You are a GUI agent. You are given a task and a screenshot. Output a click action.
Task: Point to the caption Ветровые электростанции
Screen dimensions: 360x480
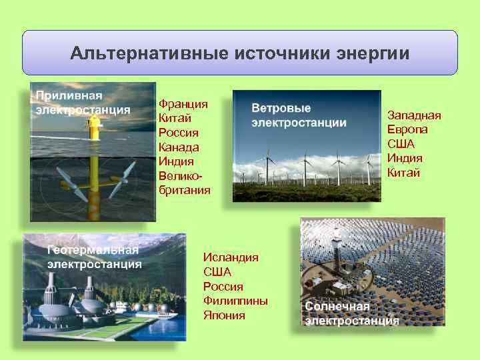[x=298, y=115]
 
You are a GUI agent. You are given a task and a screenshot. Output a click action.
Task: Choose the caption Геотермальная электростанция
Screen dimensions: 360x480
[x=93, y=257]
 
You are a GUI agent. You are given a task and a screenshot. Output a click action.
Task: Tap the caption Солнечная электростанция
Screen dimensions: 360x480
[x=352, y=313]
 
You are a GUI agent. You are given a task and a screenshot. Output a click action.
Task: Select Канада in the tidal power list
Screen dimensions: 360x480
[x=179, y=147]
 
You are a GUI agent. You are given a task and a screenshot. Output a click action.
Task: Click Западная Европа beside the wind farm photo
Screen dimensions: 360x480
[x=414, y=122]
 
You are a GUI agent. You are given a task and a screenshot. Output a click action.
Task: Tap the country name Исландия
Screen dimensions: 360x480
[x=231, y=257]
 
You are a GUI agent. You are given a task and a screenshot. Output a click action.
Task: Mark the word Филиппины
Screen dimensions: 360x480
[x=235, y=301]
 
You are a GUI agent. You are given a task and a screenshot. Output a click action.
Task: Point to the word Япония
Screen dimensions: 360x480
[x=224, y=315]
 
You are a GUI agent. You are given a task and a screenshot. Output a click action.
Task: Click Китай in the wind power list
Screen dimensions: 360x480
[x=404, y=173]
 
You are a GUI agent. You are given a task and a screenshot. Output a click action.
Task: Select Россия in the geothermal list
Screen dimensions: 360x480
[x=223, y=287]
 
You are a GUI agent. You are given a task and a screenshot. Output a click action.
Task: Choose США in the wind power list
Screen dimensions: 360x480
[x=401, y=144]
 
